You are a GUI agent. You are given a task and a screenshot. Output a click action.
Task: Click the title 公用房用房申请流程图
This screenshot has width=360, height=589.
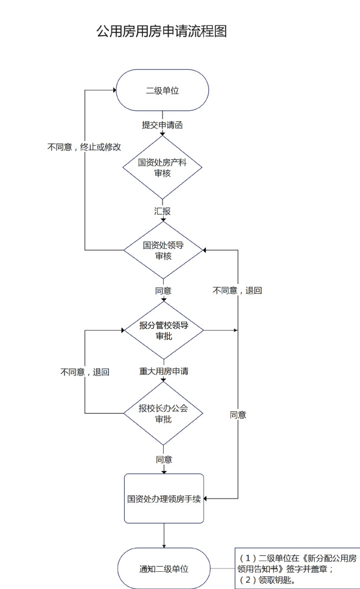(162, 31)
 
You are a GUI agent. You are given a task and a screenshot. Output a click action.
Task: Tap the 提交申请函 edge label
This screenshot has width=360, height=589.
(163, 125)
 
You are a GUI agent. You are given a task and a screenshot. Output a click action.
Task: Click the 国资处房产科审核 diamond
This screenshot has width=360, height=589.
(163, 167)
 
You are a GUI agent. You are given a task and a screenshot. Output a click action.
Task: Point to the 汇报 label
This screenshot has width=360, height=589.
(163, 211)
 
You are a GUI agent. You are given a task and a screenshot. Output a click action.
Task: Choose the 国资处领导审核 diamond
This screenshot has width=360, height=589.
(163, 250)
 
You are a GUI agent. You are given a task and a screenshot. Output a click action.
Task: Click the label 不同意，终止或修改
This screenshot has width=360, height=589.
(84, 148)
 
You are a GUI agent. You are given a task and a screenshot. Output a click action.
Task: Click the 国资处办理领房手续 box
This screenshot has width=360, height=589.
(164, 498)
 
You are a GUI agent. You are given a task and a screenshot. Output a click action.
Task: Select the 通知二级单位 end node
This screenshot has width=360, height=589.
(164, 569)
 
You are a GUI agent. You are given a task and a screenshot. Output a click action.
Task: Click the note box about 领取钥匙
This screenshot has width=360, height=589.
(298, 568)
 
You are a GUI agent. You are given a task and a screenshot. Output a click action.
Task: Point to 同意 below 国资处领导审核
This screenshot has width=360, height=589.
(163, 291)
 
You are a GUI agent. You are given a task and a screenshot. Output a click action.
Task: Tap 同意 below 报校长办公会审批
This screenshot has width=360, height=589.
(164, 459)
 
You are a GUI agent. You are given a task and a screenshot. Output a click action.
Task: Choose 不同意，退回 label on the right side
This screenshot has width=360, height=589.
(237, 291)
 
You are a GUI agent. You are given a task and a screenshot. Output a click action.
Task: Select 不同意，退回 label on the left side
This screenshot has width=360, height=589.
(84, 372)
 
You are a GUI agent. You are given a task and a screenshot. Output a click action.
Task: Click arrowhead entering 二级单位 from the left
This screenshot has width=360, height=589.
(113, 90)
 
